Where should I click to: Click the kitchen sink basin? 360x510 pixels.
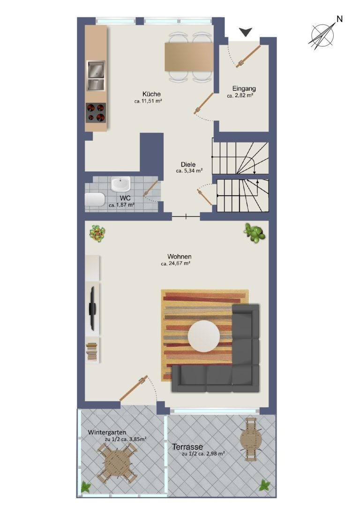96,69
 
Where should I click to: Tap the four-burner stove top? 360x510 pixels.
96,113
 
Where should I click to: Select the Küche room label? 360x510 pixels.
151,94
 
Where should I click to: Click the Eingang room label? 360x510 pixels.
244,89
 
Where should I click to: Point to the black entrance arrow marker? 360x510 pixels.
246,32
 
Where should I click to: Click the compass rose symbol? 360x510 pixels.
322,35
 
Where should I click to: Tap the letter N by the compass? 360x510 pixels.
339,19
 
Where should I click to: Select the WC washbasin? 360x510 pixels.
120,184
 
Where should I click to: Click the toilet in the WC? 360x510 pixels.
95,200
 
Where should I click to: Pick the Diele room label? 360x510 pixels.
188,165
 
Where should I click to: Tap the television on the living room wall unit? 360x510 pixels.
93,308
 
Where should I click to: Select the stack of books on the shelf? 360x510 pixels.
92,351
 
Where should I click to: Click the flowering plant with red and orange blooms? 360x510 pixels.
97,233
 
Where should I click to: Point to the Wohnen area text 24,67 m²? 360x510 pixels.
175,264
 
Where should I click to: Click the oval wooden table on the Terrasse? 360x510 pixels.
251,439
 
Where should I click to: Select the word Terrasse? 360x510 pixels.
187,447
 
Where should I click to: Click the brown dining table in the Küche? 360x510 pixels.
189,57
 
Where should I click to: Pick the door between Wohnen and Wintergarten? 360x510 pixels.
134,388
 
